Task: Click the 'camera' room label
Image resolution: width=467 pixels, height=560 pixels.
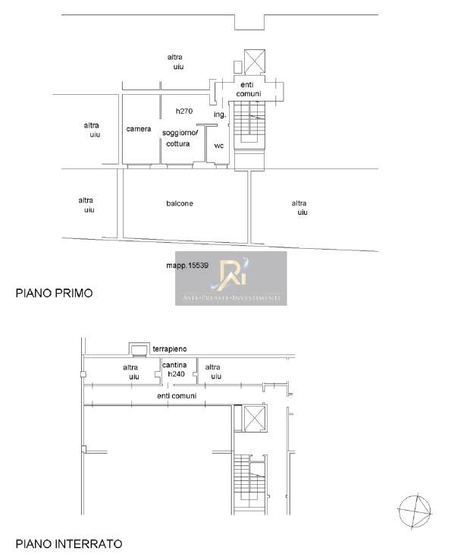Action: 139,129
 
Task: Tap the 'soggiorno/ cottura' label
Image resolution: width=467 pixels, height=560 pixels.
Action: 180,138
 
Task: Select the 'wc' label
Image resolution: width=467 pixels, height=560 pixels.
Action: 218,146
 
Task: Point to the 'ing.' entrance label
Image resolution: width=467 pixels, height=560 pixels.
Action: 220,115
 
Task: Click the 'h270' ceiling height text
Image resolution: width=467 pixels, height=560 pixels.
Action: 184,111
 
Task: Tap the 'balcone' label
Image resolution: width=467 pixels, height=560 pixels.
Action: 180,203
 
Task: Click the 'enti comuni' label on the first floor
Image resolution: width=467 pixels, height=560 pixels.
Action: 249,90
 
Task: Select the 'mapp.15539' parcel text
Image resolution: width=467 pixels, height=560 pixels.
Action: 187,266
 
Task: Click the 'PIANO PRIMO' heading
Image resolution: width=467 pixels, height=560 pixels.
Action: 55,293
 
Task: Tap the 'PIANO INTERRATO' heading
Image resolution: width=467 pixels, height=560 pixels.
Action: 69,544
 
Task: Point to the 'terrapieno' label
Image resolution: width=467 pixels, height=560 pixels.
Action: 170,349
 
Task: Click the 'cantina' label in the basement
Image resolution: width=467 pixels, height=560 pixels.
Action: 174,365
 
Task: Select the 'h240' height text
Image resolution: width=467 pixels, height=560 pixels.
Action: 176,374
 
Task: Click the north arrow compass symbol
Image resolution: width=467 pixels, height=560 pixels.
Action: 415,511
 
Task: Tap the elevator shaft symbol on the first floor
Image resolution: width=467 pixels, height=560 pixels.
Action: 255,61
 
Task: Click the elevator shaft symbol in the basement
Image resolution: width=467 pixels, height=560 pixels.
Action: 255,419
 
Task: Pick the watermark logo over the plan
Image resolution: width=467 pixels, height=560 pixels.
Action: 230,278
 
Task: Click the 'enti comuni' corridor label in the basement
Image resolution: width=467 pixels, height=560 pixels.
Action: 177,396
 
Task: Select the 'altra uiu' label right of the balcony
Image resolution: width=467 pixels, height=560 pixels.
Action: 299,208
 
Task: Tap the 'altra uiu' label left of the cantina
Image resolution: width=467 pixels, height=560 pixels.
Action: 131,372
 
